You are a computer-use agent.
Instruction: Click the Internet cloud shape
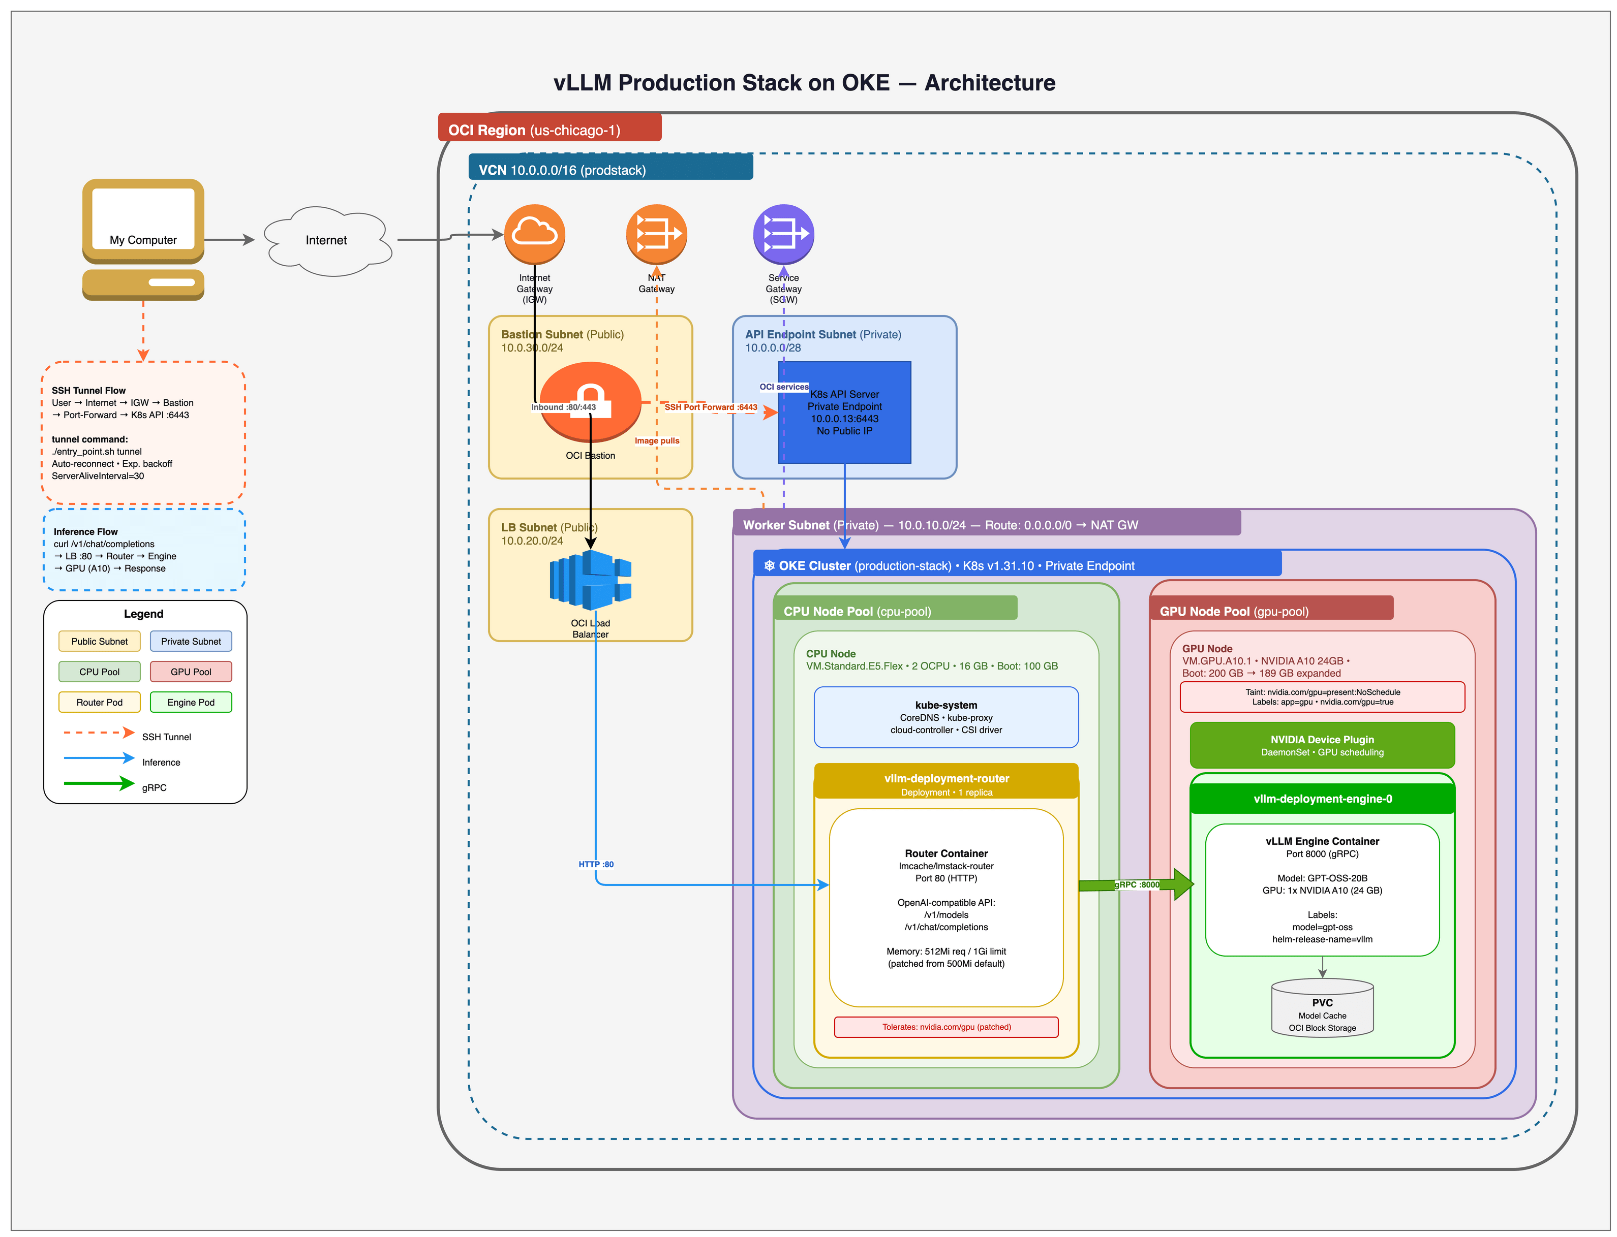326,241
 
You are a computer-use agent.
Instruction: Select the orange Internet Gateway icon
534,234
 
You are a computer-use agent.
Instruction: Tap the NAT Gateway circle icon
656,234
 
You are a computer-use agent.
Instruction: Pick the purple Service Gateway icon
783,234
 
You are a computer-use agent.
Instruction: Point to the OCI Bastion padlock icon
590,401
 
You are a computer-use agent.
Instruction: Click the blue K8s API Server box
844,413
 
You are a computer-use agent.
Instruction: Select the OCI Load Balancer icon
590,580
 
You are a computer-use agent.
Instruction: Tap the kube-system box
946,717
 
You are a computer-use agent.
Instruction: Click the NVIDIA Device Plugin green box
1322,745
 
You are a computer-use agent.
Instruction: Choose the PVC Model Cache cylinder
1322,1009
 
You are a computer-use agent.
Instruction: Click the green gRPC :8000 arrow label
1136,885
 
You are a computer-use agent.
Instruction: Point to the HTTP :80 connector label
595,865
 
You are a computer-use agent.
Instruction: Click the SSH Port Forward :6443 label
710,407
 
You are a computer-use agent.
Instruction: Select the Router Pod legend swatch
100,703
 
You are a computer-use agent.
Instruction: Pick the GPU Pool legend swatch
191,672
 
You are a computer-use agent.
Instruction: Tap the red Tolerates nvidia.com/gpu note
946,1027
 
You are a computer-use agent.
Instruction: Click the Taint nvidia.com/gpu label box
1322,697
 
